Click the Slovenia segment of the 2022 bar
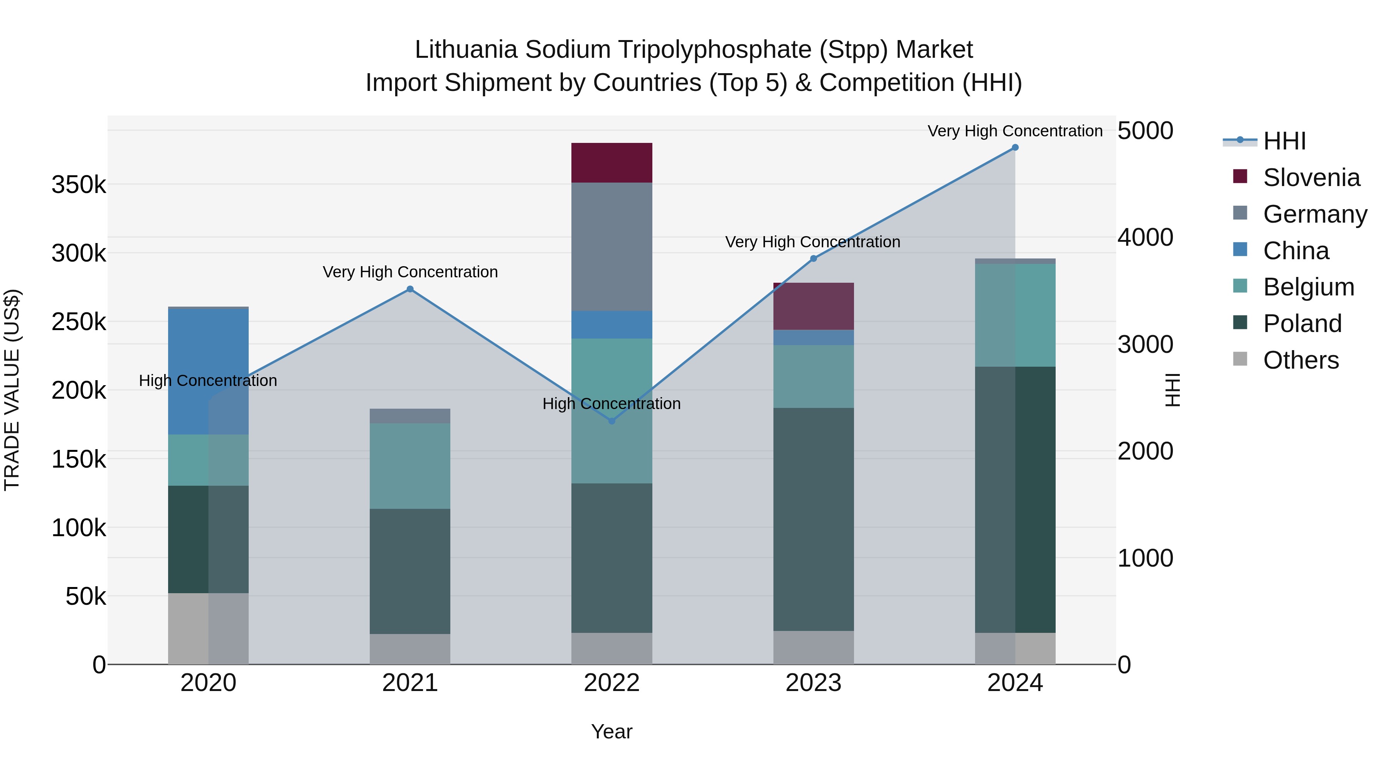coord(611,163)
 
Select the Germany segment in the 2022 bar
coord(611,247)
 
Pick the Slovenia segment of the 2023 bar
coord(813,306)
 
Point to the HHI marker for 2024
coord(1015,148)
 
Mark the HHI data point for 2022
coord(611,421)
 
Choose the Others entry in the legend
coord(1301,360)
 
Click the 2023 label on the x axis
coord(813,683)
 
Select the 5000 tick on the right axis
coord(1145,131)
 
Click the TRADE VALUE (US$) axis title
coord(12,390)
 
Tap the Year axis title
coord(611,731)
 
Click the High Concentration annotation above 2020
coord(208,381)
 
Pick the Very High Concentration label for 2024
coord(1015,131)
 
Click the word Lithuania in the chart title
coord(466,50)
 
